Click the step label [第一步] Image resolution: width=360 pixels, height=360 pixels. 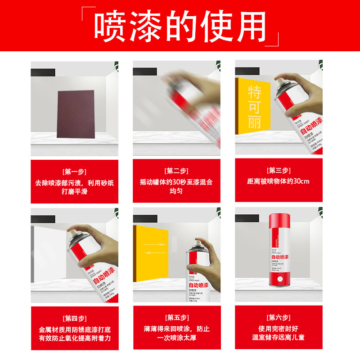[74, 171]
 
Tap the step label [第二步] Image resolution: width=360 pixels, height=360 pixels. [176, 171]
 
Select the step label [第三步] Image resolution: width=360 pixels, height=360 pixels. [279, 171]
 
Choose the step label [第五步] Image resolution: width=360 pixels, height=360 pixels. [177, 318]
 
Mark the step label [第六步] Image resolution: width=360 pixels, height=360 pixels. [279, 318]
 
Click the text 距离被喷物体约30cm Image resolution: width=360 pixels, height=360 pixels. [279, 182]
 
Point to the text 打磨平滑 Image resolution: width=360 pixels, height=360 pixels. [74, 192]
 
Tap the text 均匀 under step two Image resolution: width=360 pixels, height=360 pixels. [176, 191]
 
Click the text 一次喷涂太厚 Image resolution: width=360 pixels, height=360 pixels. [177, 337]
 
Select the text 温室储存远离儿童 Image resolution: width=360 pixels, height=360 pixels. [279, 337]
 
